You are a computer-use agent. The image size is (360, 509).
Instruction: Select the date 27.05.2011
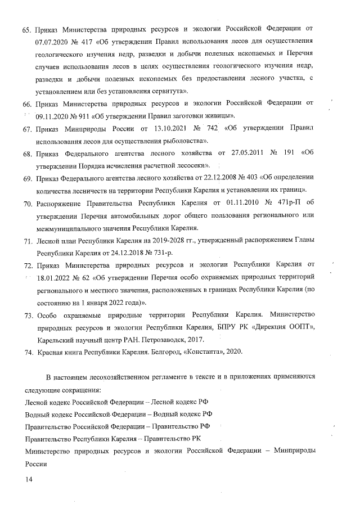(241, 153)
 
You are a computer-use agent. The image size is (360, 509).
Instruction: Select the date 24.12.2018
(124, 253)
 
